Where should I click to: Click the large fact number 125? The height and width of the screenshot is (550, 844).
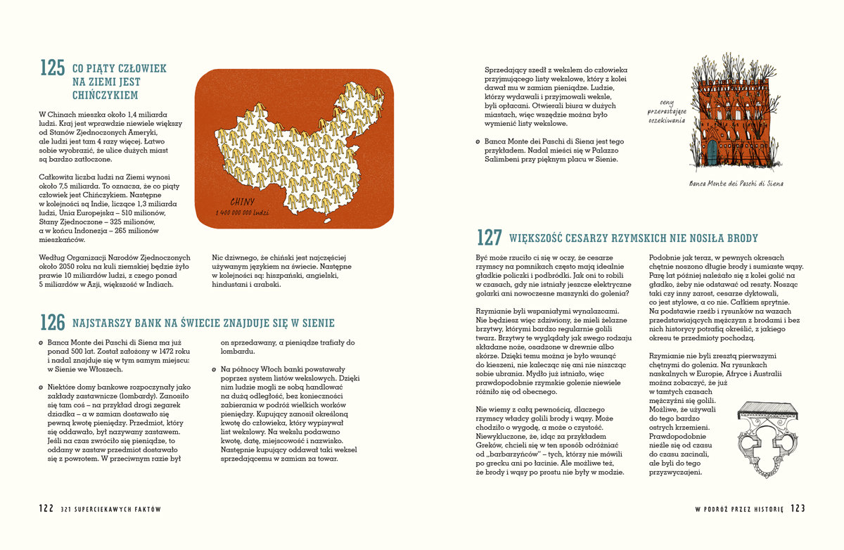coord(52,68)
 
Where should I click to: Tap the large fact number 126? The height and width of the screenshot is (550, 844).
coord(52,323)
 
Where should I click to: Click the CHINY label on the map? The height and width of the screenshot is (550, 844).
coord(242,202)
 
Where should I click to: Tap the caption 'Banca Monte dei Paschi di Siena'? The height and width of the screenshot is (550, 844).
coord(736,184)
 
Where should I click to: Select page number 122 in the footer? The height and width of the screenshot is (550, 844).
coord(46,509)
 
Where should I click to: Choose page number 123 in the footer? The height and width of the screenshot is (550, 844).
coord(798,509)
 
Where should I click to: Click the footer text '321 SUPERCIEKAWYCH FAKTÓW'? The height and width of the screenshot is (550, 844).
coord(111,509)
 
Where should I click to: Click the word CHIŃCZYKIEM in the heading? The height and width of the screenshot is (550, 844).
coord(105,95)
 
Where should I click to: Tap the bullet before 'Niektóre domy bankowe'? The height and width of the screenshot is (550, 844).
coord(41,386)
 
